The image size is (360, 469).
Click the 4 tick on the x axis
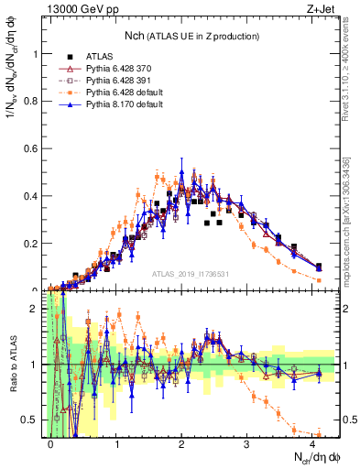312,442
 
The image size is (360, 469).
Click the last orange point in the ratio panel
318,434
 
